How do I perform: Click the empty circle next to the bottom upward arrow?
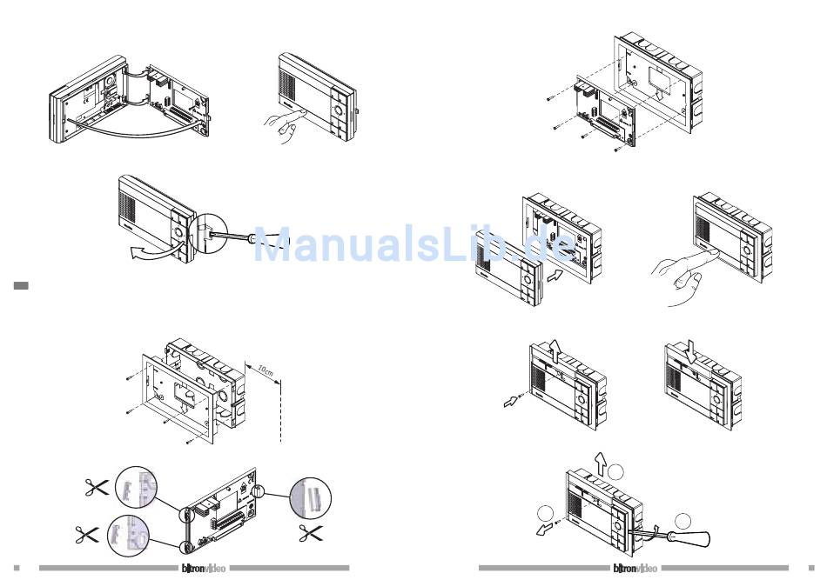[x=616, y=472]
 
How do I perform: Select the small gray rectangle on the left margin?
[x=22, y=284]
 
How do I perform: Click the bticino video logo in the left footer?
[x=202, y=569]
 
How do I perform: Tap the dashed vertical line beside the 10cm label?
[x=281, y=409]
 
